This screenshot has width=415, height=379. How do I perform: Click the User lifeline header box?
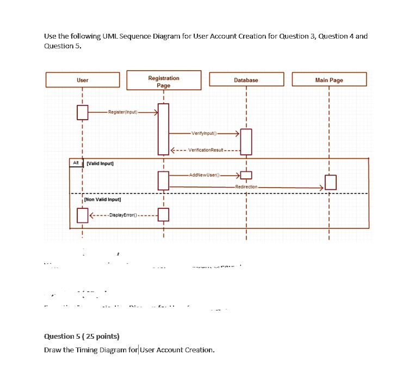[x=82, y=80]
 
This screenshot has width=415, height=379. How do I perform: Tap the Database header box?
[x=246, y=80]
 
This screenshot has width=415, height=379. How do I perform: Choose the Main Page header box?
[x=329, y=80]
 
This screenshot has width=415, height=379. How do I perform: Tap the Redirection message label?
[x=246, y=187]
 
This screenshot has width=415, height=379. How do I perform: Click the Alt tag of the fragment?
[x=75, y=163]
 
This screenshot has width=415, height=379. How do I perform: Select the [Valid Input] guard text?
[x=100, y=163]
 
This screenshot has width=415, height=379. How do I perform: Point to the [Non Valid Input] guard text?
[x=106, y=200]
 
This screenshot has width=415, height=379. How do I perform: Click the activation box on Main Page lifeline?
[x=330, y=182]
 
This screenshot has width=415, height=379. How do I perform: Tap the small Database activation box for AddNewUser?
[x=246, y=175]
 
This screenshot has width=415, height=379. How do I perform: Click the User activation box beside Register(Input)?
[x=82, y=113]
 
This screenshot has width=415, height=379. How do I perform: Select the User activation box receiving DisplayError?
[x=82, y=215]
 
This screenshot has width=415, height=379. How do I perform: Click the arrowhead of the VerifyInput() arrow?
[x=236, y=133]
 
